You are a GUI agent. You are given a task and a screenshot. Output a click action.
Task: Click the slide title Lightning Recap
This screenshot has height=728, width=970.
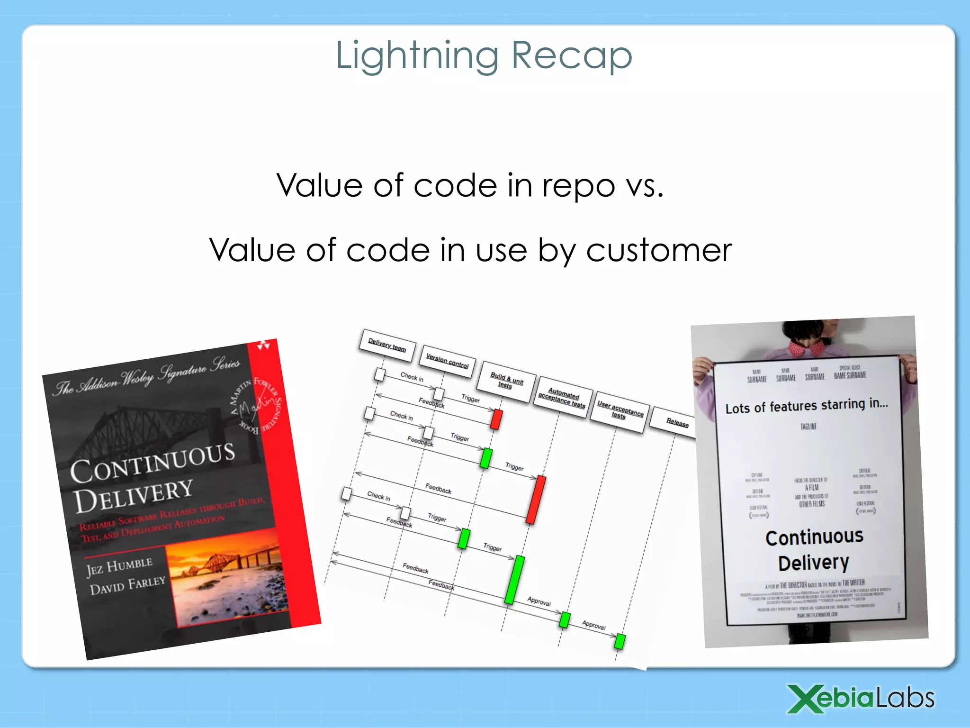tap(484, 56)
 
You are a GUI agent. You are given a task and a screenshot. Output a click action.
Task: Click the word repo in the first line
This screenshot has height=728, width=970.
tap(578, 185)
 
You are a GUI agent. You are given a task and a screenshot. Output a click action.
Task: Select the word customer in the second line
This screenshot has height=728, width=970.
tap(659, 250)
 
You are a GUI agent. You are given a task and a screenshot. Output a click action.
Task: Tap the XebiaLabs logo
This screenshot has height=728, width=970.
tap(861, 698)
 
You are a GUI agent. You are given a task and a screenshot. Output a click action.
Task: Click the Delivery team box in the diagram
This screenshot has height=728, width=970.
tap(387, 345)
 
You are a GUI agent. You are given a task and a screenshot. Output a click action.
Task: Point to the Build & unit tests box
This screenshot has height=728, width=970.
tap(506, 381)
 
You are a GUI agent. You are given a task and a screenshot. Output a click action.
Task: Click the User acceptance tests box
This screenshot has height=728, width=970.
tap(620, 411)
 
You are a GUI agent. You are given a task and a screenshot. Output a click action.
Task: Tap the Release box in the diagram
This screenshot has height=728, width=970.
tap(677, 422)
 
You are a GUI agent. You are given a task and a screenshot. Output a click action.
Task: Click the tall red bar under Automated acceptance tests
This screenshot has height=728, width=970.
tap(536, 500)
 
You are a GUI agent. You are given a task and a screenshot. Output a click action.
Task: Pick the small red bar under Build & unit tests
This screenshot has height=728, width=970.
tap(496, 419)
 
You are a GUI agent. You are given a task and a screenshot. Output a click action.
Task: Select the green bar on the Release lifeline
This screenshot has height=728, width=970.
tap(620, 641)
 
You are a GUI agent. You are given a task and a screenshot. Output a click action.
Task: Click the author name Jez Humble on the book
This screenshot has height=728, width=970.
tap(119, 566)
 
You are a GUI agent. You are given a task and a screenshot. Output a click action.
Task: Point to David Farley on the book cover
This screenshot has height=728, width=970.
tap(127, 586)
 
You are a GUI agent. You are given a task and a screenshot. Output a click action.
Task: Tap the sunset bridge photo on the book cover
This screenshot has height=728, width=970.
tap(227, 583)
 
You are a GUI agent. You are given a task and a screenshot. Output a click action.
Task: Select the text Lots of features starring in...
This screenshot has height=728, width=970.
tap(806, 406)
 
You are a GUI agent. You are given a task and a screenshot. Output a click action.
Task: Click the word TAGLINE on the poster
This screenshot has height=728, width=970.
tap(808, 427)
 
